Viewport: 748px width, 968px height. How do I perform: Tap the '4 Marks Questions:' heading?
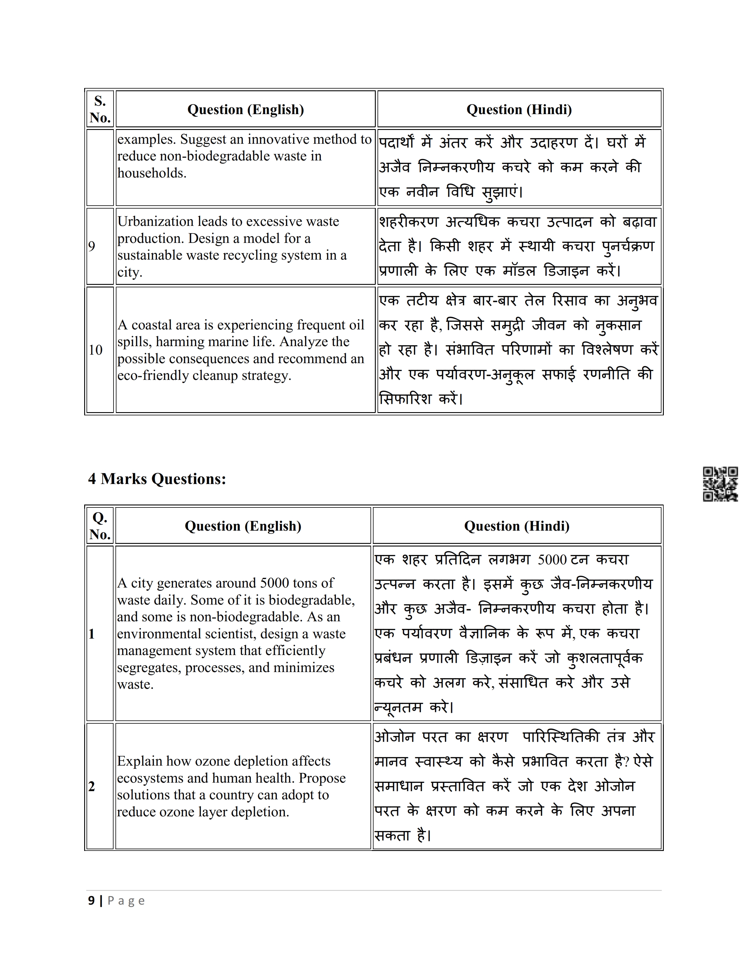click(x=157, y=479)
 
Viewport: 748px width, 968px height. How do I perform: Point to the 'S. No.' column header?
click(x=100, y=109)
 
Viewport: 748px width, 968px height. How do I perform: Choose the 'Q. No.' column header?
click(x=100, y=526)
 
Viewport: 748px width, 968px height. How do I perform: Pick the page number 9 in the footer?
click(x=91, y=901)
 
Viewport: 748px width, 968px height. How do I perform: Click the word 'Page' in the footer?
click(x=126, y=901)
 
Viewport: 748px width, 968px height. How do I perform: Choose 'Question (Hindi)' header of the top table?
click(x=519, y=109)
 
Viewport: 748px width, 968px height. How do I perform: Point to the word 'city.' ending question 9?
click(x=130, y=272)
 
